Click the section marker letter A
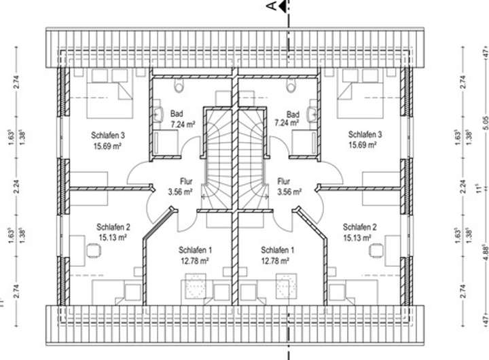pyautogui.click(x=271, y=7)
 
